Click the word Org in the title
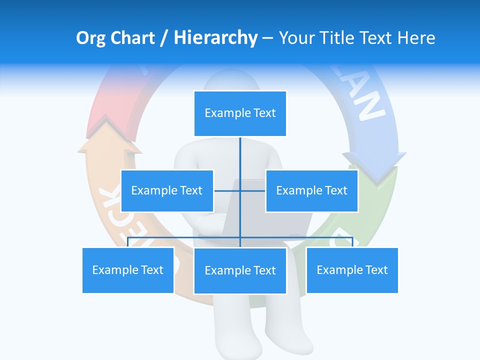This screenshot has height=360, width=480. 90,38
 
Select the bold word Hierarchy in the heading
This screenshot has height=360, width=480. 215,38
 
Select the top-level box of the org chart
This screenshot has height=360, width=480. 240,113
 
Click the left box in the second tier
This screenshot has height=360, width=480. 167,190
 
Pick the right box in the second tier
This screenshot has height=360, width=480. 311,190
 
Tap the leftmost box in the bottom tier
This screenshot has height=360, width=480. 128,270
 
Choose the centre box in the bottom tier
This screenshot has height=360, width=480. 240,270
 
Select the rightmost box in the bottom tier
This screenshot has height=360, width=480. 352,270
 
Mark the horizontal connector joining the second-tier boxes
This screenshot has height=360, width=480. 240,190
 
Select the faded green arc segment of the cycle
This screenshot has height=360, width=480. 380,210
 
